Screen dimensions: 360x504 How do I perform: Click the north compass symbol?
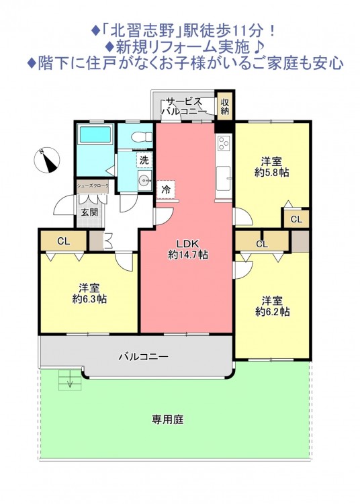pos(47,161)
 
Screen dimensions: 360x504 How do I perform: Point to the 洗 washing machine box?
pos(144,160)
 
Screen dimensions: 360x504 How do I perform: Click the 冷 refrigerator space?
pos(166,190)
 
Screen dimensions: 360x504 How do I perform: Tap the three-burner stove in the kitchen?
pos(224,142)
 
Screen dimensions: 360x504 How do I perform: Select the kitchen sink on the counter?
pos(224,179)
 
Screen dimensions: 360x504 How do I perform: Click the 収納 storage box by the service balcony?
pos(224,106)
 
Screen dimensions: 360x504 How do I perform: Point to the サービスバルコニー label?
pos(183,106)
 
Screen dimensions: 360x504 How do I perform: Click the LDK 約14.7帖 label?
pos(188,249)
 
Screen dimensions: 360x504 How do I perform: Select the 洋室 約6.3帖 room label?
pos(89,293)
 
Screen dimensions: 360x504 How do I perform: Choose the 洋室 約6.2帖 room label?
pos(272,306)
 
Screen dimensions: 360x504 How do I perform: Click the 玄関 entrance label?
pos(89,212)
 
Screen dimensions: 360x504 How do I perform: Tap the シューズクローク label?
pos(93,185)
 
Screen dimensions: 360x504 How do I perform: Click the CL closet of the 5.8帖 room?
pos(296,219)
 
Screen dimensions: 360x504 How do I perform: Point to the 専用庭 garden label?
pos(167,419)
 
